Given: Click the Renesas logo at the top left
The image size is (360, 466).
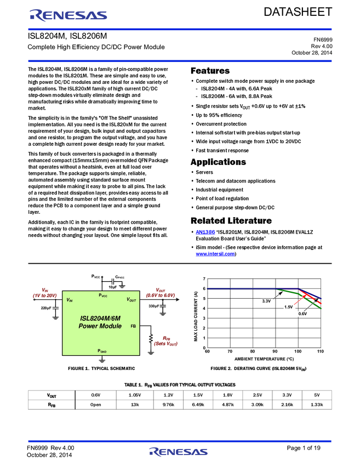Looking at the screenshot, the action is point(68,15).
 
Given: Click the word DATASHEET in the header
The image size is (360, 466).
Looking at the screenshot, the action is point(298,12).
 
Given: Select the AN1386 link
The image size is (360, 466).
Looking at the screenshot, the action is point(205,232).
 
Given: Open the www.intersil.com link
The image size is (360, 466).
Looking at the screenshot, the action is point(215,254).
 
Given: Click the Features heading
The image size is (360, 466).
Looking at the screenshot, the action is point(210,71).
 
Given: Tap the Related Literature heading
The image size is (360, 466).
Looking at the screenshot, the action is point(231,220).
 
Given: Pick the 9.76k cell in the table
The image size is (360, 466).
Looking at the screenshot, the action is point(168,405).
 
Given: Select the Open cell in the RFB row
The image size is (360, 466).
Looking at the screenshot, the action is point(96,405).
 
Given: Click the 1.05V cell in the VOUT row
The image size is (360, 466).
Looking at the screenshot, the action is point(135,395).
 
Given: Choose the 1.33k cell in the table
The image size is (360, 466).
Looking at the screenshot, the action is point(317,405).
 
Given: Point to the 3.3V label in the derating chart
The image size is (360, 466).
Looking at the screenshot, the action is point(266,301).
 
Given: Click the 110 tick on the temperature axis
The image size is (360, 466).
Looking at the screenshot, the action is point(320,351).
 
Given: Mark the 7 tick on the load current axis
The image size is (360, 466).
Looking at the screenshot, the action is point(204,279).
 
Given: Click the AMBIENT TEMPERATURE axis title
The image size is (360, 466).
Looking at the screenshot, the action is point(264,359).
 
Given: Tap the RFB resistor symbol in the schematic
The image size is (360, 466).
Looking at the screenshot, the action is point(151,338).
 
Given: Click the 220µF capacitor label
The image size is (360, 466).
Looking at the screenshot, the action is point(46,308).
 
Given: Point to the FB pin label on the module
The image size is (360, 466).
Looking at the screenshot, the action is point(133,326).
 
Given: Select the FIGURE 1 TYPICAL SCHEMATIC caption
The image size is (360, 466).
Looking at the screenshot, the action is point(101,368).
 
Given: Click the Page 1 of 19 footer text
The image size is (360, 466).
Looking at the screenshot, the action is point(304,448).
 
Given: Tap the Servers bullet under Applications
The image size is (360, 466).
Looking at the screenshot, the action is point(204,172).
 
